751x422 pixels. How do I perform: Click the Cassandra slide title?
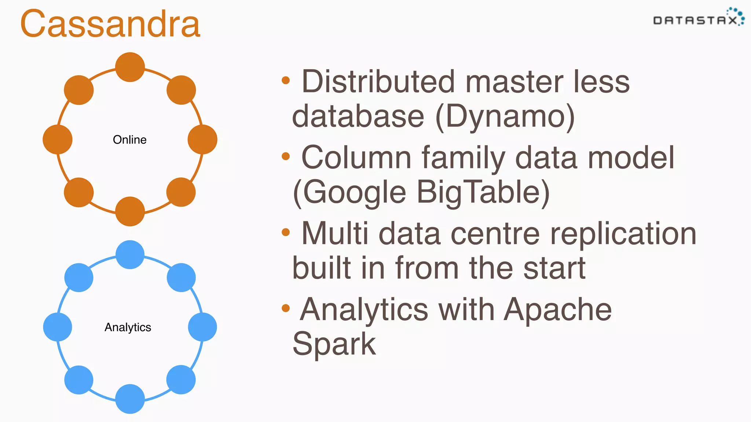(110, 24)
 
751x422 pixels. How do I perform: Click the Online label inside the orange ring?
(129, 140)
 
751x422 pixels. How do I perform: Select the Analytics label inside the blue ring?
(128, 327)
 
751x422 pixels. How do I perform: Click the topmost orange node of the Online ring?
(130, 67)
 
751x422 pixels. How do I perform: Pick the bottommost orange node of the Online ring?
(130, 211)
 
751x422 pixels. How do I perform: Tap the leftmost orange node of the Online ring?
(58, 139)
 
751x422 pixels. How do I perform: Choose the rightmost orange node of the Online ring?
(202, 139)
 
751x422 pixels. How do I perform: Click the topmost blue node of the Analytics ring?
(130, 255)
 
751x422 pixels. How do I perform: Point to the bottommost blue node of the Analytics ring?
(130, 399)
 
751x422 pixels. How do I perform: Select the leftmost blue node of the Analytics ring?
(58, 327)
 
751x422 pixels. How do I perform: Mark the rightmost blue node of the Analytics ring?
(202, 327)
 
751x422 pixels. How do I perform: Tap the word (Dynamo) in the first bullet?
(505, 117)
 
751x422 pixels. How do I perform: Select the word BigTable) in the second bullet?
(483, 192)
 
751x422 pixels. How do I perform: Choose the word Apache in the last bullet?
(558, 310)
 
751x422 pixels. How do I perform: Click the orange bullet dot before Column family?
(286, 157)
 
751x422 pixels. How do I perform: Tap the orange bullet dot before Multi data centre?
(286, 232)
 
